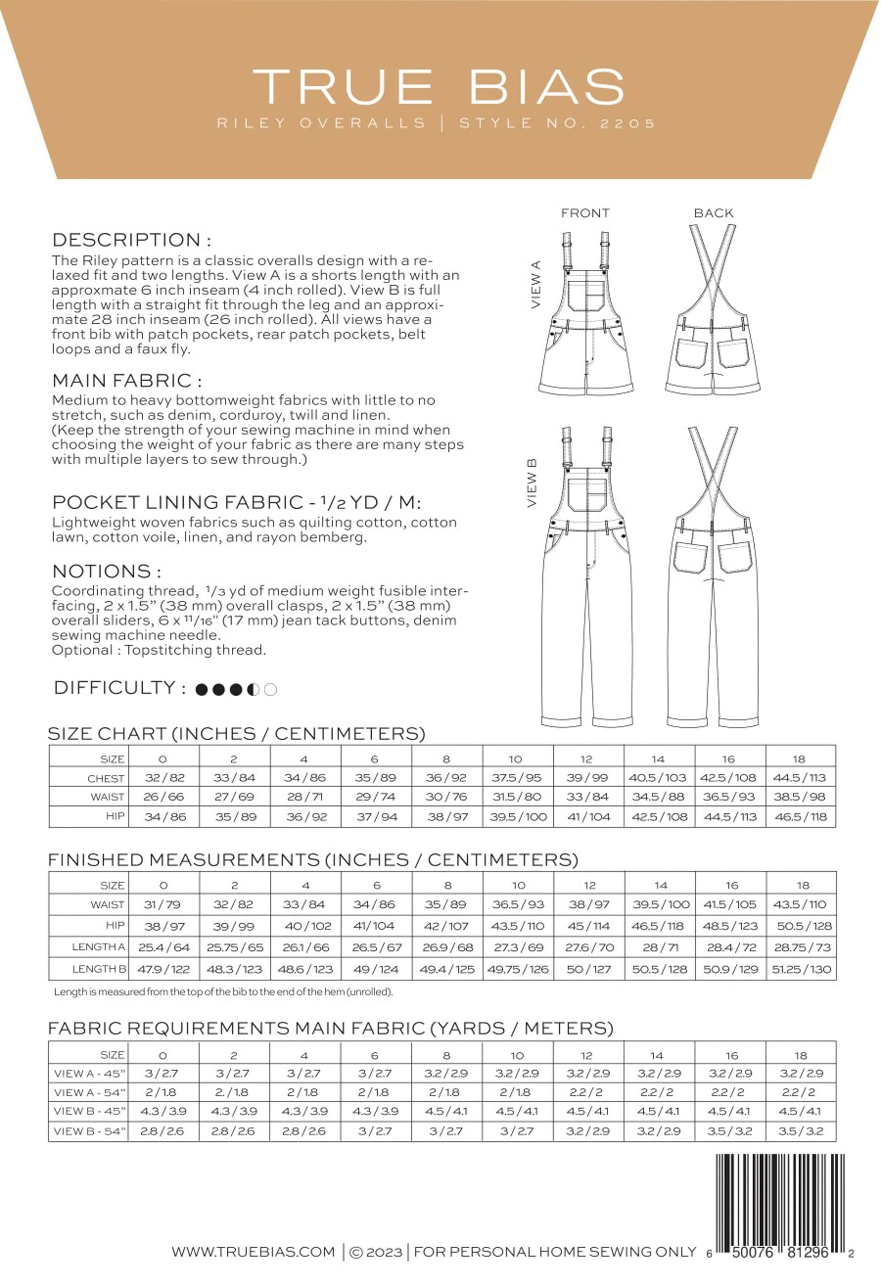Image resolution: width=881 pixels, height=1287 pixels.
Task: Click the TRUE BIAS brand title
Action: click(438, 86)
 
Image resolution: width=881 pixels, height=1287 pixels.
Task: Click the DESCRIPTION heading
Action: click(131, 240)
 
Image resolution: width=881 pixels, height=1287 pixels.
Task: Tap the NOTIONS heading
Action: click(106, 571)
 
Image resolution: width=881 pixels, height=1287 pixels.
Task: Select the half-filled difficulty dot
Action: click(254, 689)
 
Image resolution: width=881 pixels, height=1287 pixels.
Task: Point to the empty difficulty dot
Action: click(271, 689)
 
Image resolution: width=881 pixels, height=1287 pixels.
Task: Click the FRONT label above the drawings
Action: click(585, 213)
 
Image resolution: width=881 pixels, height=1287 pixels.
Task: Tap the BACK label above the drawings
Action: click(713, 213)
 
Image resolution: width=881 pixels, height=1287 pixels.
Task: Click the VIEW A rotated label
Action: click(536, 285)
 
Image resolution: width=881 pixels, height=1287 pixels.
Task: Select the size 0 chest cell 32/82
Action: click(164, 778)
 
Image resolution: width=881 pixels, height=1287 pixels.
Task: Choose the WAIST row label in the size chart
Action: click(107, 797)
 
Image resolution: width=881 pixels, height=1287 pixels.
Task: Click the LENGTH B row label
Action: click(99, 969)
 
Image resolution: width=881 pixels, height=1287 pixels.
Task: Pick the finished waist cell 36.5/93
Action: click(518, 904)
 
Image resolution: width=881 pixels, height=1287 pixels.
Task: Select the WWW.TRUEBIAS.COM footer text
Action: click(253, 1252)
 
